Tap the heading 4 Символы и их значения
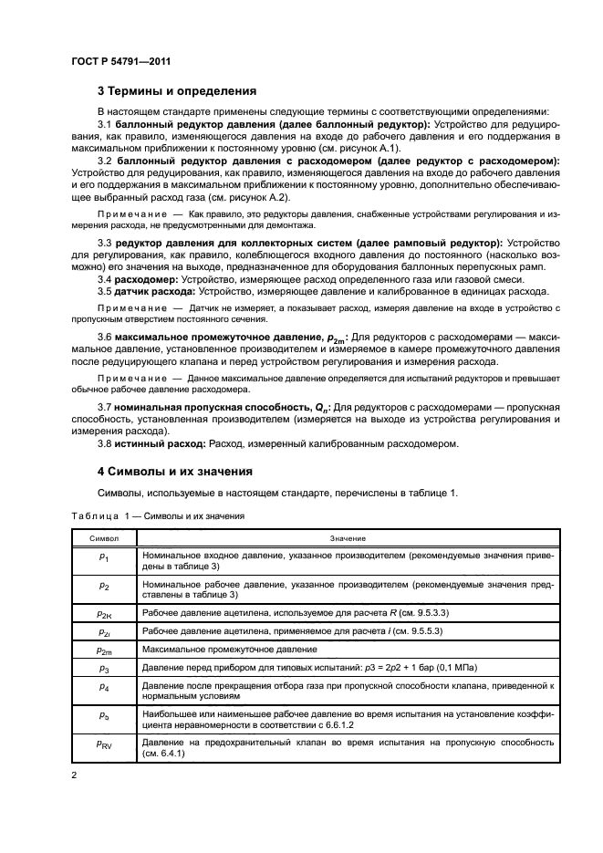pyautogui.click(x=174, y=472)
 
